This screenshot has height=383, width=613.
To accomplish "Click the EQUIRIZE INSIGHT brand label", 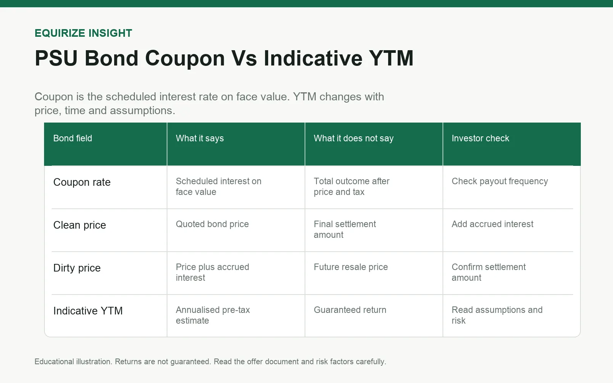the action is point(83,33).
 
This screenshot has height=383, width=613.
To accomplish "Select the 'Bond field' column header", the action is point(72,138).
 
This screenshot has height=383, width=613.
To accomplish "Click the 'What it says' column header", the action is point(200,138).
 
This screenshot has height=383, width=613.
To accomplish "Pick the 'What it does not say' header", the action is point(354,138).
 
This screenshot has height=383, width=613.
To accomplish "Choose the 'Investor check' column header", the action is point(480,138).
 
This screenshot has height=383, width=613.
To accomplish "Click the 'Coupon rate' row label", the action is point(82,182).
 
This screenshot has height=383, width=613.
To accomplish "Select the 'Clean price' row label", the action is point(80,225).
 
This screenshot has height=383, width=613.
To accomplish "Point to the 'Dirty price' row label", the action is point(77,268).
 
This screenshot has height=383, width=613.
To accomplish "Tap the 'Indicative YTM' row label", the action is point(88,311).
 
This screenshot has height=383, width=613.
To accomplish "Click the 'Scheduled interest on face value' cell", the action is point(219,187).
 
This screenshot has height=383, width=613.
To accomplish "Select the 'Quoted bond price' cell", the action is point(212,224).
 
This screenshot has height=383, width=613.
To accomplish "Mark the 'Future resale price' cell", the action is point(351,267).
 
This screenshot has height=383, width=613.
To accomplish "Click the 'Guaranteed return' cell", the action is point(350,310).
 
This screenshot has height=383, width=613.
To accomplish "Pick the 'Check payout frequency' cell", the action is point(500,182).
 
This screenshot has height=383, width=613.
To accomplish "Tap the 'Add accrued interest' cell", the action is point(492,224).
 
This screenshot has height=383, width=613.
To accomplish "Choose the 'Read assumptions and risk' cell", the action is point(497,315).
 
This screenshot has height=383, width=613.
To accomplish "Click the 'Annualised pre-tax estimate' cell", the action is point(213,315).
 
